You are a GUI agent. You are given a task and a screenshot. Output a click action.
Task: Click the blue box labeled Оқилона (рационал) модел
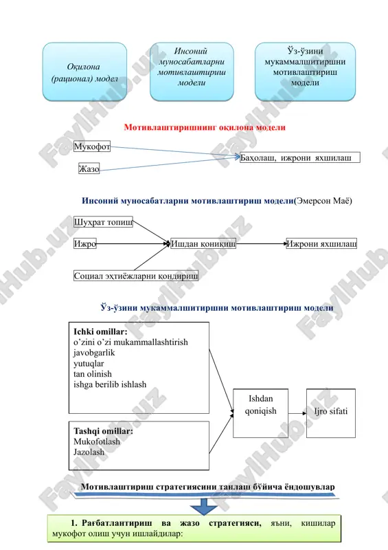pos(84,72)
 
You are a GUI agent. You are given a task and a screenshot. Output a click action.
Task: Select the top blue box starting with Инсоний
pos(192,72)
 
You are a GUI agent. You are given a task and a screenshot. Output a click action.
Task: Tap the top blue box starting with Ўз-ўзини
pos(305,72)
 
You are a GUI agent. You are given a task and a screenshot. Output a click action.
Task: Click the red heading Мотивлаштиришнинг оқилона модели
pos(205,127)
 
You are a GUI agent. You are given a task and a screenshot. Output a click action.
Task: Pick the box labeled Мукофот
pos(92,146)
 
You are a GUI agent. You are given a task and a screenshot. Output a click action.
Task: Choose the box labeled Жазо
pos(89,168)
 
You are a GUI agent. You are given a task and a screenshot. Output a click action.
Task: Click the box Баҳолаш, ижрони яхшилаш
pos(300,157)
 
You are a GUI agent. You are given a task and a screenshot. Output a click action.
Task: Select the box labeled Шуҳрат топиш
pos(103,222)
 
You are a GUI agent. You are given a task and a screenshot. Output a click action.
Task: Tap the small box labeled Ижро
pos(85,243)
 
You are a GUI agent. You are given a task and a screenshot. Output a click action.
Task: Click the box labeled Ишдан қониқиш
pos(203,243)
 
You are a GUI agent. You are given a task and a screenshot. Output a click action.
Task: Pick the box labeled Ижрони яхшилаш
pos(322,243)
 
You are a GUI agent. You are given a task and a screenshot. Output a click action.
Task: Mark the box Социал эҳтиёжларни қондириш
pos(136,276)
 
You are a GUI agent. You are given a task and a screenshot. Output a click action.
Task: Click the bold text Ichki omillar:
pos(100,331)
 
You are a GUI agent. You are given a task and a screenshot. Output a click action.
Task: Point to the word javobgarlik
pos(94,353)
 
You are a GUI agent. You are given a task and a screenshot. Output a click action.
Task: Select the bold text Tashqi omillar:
pos(104,431)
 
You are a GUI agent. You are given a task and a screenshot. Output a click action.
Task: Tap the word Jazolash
pos(89,452)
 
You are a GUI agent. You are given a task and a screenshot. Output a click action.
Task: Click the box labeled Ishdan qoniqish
pos(261,413)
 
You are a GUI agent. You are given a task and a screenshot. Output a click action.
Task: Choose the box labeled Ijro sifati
pos(331,413)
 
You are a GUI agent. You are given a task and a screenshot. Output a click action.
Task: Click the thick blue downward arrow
pos(204,507)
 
